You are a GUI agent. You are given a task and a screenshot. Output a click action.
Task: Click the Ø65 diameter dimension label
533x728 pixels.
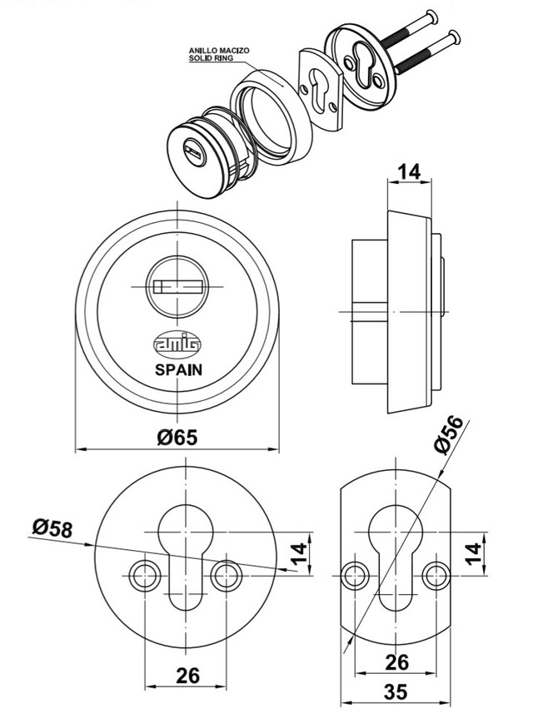[x=177, y=438]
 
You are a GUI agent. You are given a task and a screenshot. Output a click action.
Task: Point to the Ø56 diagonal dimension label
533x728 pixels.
[x=448, y=434]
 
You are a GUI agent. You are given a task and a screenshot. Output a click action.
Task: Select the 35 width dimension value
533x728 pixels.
[x=396, y=691]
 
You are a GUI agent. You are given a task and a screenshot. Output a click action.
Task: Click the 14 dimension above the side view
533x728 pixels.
[x=410, y=171]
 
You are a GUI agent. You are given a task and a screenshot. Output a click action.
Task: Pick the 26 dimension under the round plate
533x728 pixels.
[x=187, y=676]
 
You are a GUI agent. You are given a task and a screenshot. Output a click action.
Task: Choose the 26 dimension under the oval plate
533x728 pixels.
[x=397, y=662]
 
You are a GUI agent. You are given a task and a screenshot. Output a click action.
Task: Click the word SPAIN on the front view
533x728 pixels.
[x=178, y=369]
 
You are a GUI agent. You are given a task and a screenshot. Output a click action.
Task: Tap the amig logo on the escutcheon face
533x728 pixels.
[x=177, y=344]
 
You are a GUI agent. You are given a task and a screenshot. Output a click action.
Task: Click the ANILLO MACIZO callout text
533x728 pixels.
[x=219, y=50]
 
